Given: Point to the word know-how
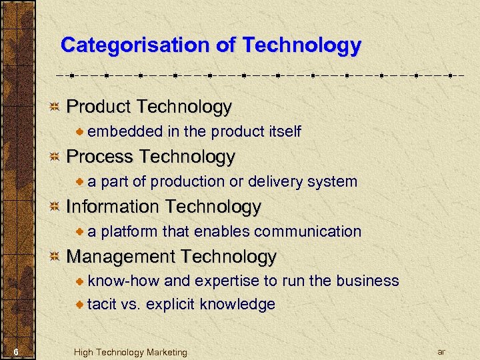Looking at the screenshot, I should pyautogui.click(x=124, y=281).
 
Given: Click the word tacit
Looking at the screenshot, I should pyautogui.click(x=102, y=305).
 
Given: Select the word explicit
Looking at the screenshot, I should pyautogui.click(x=170, y=305).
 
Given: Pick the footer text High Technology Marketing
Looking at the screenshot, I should pyautogui.click(x=131, y=352).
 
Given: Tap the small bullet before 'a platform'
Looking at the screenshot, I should pyautogui.click(x=81, y=232).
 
